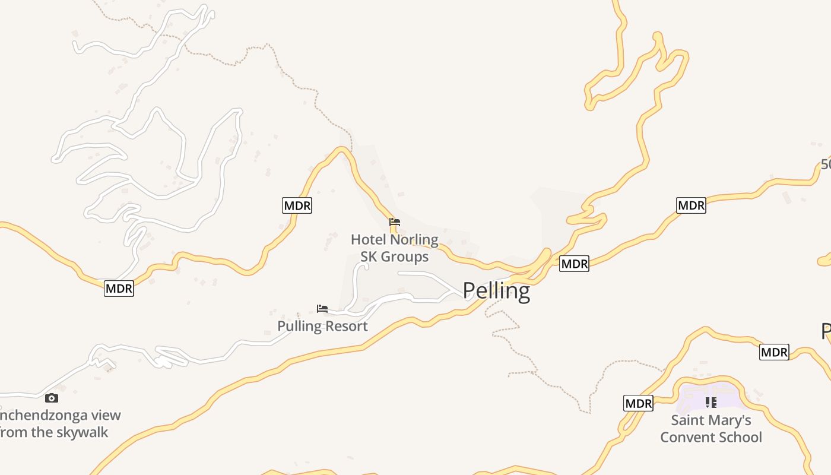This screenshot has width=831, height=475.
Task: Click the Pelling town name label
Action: tap(496, 291)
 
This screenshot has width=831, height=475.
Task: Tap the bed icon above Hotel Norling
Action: tap(395, 223)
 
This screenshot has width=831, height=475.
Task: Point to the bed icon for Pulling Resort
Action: tap(322, 309)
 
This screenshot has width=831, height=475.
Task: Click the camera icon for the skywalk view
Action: tap(52, 398)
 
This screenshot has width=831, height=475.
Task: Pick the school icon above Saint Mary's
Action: tap(711, 403)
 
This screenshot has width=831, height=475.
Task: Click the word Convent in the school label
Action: tap(688, 438)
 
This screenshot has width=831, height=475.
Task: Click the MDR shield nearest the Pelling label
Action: tap(574, 264)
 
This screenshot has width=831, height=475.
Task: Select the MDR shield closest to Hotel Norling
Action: tap(297, 205)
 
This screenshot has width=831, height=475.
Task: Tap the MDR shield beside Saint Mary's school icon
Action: tap(639, 404)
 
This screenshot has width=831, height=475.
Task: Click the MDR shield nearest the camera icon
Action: tap(119, 289)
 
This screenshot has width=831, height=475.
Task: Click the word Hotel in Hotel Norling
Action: tap(368, 240)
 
